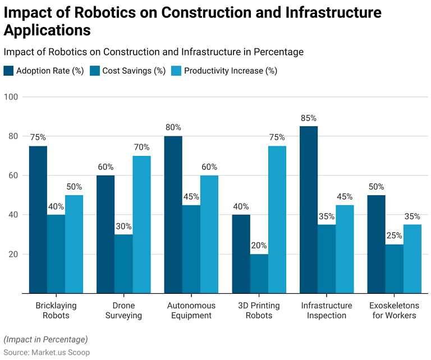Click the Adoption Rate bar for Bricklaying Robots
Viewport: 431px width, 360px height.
[x=38, y=220]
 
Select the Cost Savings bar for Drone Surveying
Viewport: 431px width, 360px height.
[x=123, y=264]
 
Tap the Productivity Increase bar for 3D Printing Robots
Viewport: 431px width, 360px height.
[x=277, y=220]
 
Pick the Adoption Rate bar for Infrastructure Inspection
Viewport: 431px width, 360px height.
[x=309, y=210]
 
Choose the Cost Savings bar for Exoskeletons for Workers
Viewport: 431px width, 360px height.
[x=394, y=269]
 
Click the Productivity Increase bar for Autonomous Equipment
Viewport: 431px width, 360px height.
[x=209, y=234]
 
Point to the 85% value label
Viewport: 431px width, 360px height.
[x=309, y=118]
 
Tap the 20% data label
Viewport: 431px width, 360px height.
[x=259, y=245]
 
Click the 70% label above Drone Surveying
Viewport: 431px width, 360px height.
[x=142, y=147]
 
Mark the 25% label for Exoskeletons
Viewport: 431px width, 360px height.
[x=394, y=236]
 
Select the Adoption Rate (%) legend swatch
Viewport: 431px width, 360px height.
[x=8, y=71]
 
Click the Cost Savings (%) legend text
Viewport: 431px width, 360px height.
[x=134, y=71]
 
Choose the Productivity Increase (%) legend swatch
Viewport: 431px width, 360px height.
[x=176, y=71]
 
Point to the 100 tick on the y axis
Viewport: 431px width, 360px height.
[x=11, y=96]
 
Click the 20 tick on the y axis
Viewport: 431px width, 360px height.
[x=13, y=254]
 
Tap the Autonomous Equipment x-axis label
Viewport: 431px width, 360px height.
[x=191, y=310]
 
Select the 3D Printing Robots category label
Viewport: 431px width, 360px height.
[x=259, y=310]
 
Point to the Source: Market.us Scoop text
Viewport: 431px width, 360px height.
[x=47, y=352]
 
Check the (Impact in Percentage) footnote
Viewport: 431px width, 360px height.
[x=45, y=339]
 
